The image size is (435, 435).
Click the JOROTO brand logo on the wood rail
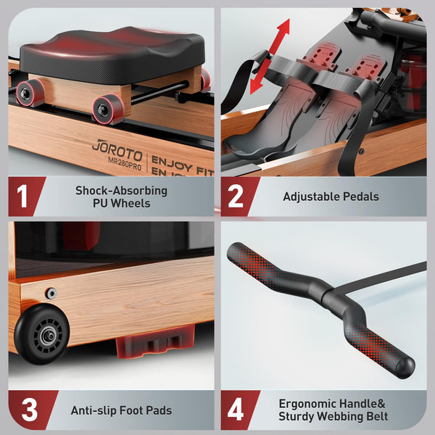coord(117,151)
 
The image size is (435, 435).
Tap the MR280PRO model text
coord(125,164)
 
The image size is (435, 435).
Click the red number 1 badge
coord(27,196)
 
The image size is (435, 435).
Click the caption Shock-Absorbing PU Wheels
coord(122,196)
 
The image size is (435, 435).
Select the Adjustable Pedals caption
coord(331,196)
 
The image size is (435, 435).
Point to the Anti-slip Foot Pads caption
coord(121,410)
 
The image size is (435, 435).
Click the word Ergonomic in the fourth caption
coord(305,404)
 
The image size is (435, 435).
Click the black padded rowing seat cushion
coord(112,53)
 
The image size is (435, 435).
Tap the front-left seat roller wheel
coord(108,109)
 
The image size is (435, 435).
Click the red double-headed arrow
coord(270,57)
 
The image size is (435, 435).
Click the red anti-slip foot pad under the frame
coord(155,341)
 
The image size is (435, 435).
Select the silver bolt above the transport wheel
coord(51,293)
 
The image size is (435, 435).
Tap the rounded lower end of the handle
coord(405,367)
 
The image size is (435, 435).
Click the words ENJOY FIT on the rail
coord(182,165)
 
